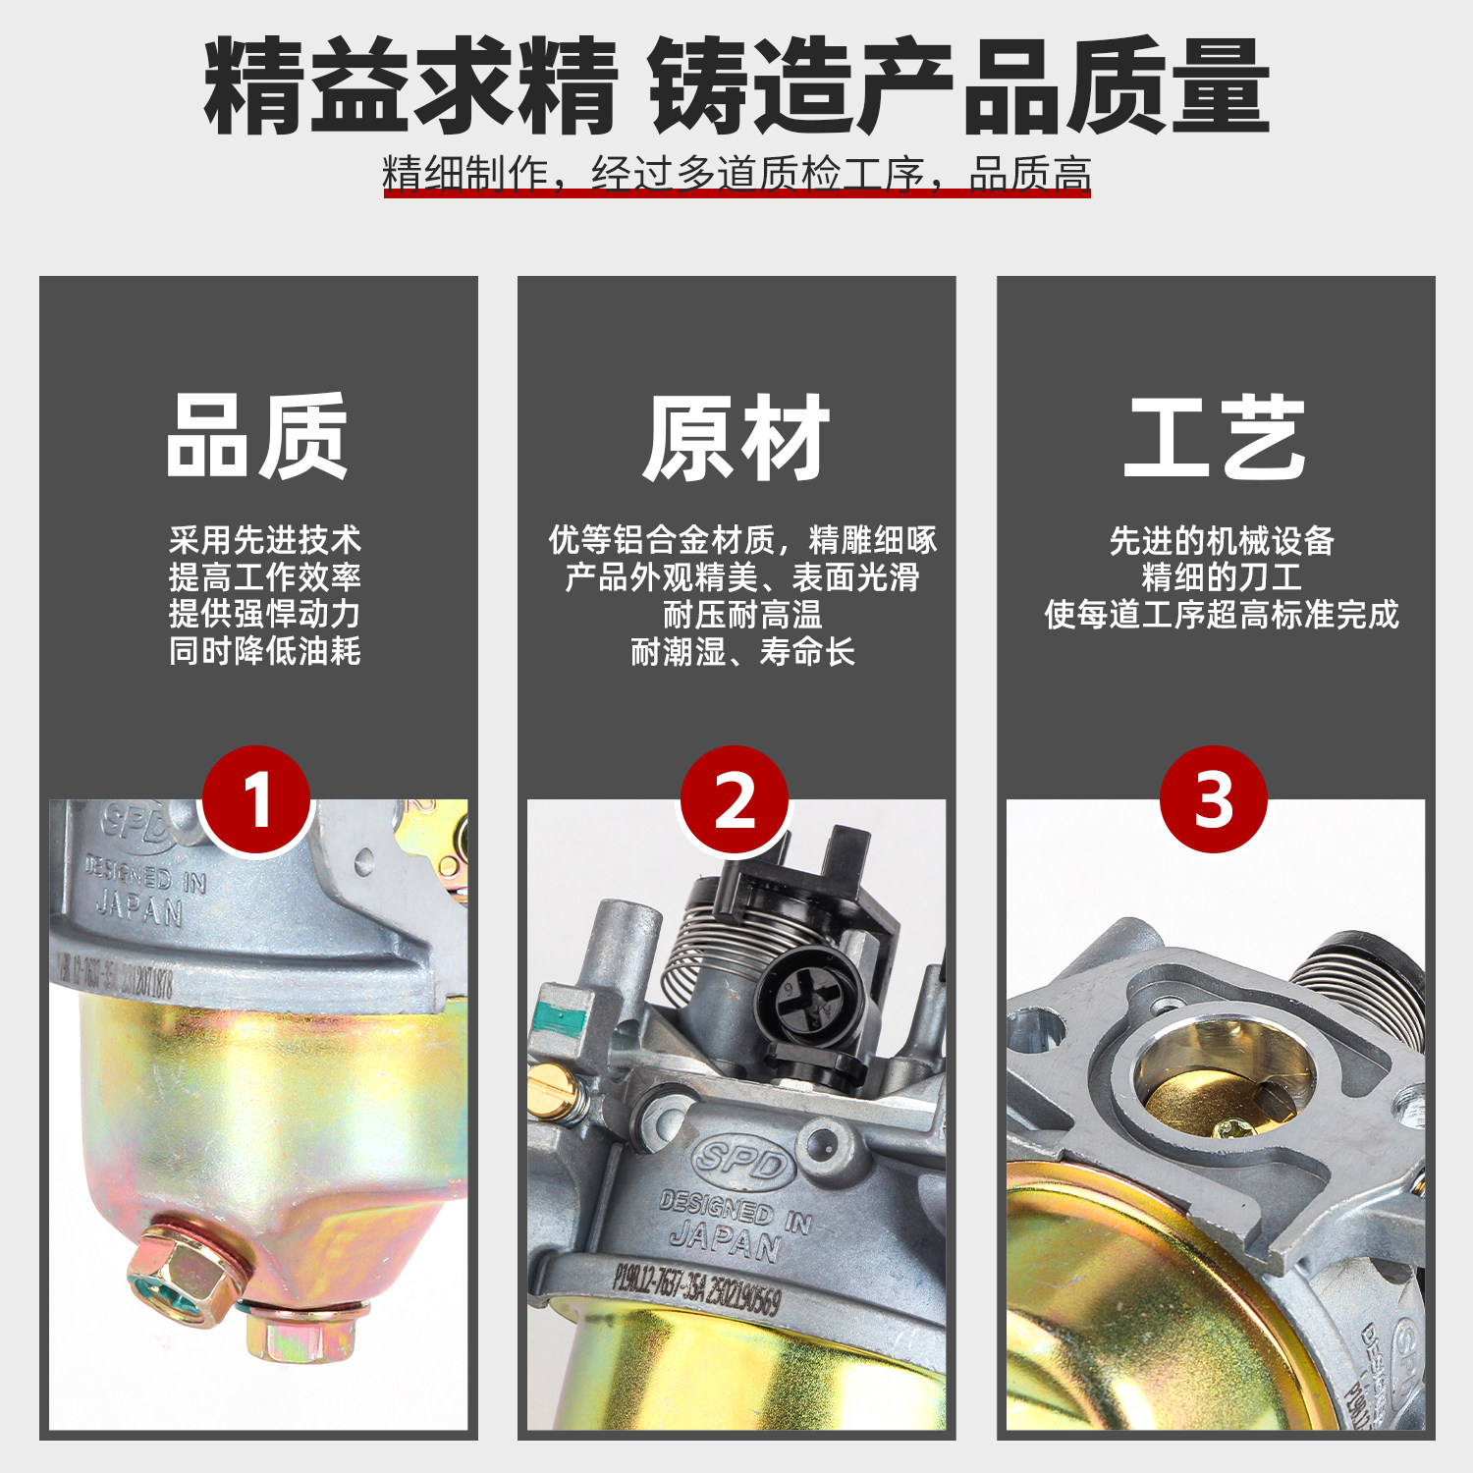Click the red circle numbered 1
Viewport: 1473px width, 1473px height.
click(x=256, y=799)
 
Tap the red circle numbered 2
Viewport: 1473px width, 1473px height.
click(x=735, y=799)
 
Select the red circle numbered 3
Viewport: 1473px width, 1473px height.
click(x=1214, y=799)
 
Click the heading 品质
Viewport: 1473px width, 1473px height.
click(x=257, y=436)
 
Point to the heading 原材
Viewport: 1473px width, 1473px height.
click(x=736, y=438)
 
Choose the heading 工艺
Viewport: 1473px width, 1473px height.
click(x=1215, y=438)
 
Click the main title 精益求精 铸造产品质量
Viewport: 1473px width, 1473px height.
click(x=736, y=86)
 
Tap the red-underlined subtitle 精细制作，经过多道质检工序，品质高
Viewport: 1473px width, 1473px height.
click(x=736, y=174)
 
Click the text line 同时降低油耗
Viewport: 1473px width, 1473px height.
click(x=264, y=651)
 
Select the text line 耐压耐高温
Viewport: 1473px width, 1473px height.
click(x=742, y=615)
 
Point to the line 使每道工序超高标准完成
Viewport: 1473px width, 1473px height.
click(x=1221, y=615)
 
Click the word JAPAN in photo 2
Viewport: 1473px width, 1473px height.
click(x=726, y=1241)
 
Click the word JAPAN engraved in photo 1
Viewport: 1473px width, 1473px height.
click(x=139, y=908)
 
